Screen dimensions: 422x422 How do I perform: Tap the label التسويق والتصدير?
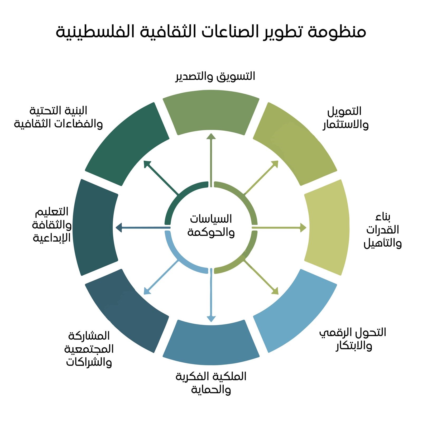click(215, 76)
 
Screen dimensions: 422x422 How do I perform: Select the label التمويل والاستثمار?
click(346, 118)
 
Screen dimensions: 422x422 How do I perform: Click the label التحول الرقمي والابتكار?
click(353, 339)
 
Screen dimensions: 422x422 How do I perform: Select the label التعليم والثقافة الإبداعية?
click(52, 225)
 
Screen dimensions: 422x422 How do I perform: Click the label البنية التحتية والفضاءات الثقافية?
click(58, 117)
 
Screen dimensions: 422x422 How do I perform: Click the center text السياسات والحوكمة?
click(211, 226)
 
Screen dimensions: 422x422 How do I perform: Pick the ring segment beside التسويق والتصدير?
click(211, 112)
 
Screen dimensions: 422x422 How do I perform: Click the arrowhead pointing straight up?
click(211, 136)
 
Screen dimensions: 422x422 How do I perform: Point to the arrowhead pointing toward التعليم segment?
click(119, 227)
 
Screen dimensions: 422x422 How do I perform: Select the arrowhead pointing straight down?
click(211, 319)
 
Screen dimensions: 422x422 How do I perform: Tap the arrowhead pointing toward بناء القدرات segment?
click(303, 227)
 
